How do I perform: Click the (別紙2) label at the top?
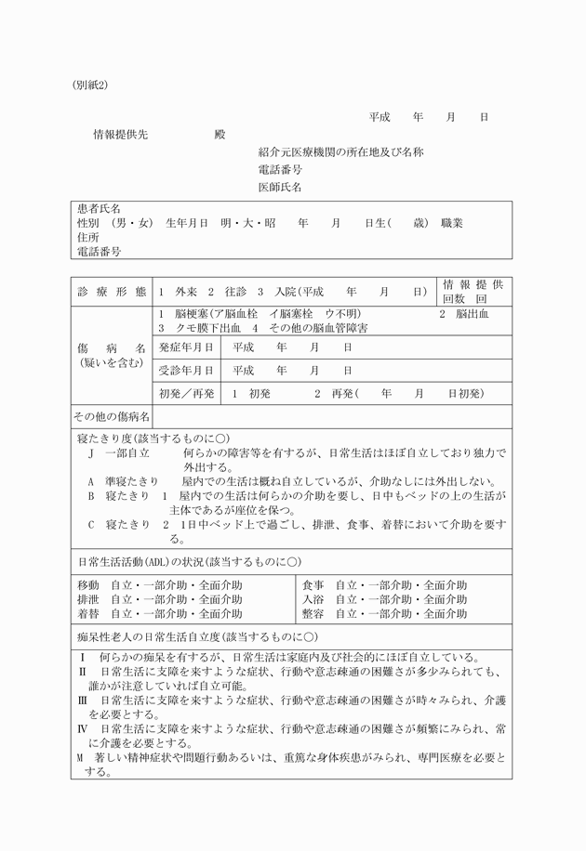click(x=90, y=85)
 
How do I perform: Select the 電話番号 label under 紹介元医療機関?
click(x=279, y=170)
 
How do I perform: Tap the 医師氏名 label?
click(x=279, y=188)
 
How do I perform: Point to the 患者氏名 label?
click(x=99, y=210)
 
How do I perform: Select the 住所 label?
click(x=87, y=238)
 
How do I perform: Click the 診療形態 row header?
click(x=111, y=291)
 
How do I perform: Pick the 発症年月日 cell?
click(x=186, y=347)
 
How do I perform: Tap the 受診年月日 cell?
click(x=186, y=370)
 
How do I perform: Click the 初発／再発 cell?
click(x=186, y=393)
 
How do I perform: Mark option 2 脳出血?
click(x=464, y=314)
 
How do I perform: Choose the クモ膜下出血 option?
click(x=199, y=328)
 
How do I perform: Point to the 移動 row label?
click(x=87, y=586)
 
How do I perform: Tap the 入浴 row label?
click(x=313, y=600)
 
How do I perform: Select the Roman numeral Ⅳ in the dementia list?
click(x=82, y=729)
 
